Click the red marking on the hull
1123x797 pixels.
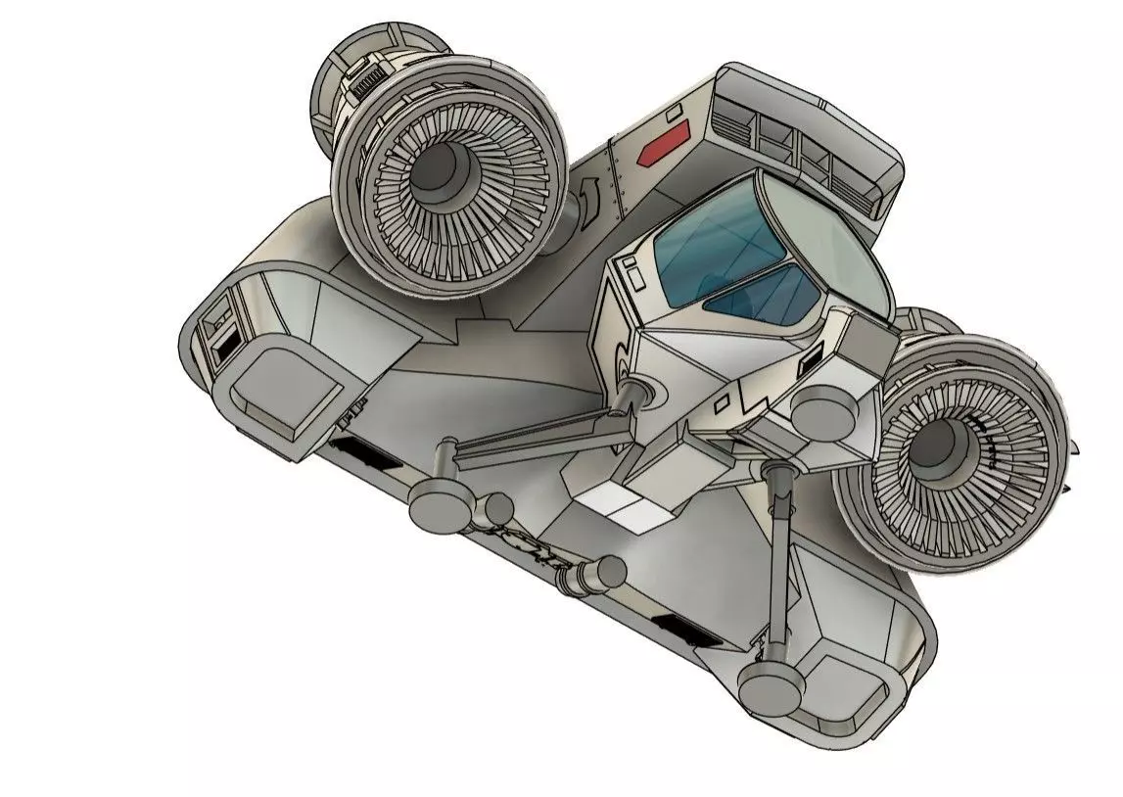[x=661, y=149]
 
